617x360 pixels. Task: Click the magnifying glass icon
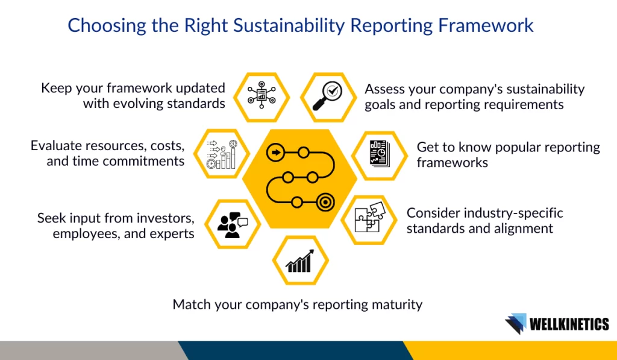click(x=327, y=96)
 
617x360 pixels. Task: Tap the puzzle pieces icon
click(x=370, y=217)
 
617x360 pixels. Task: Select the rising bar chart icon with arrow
click(x=300, y=261)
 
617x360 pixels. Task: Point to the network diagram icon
click(x=262, y=95)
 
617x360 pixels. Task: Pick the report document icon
click(x=380, y=154)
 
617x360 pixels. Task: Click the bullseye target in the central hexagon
click(x=325, y=203)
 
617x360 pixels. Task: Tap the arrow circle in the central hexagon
click(x=276, y=153)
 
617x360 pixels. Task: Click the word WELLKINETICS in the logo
click(x=569, y=324)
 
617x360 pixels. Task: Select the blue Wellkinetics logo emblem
click(x=516, y=323)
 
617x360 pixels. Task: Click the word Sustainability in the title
click(x=289, y=25)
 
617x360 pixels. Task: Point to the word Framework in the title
click(x=486, y=25)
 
